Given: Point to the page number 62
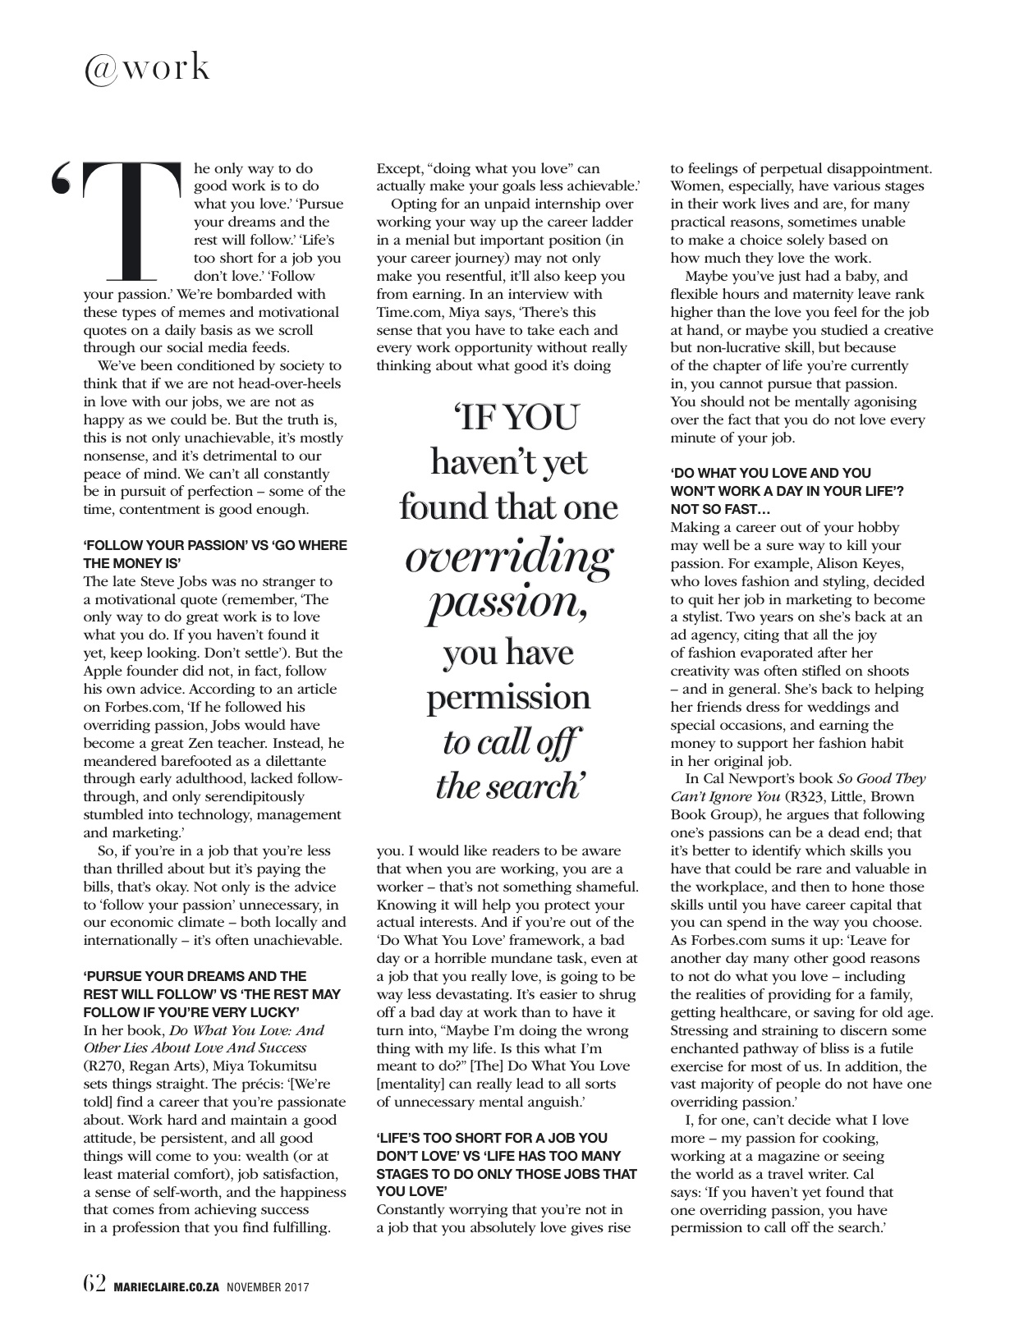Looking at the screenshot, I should tap(94, 1282).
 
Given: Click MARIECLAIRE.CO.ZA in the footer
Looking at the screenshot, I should tap(165, 1285).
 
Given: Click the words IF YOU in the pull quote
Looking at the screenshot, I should tap(507, 418).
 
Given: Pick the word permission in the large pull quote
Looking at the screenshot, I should tap(507, 697).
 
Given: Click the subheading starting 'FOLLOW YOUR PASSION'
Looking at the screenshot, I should tap(215, 554).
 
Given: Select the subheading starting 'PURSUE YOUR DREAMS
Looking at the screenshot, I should tap(212, 993).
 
